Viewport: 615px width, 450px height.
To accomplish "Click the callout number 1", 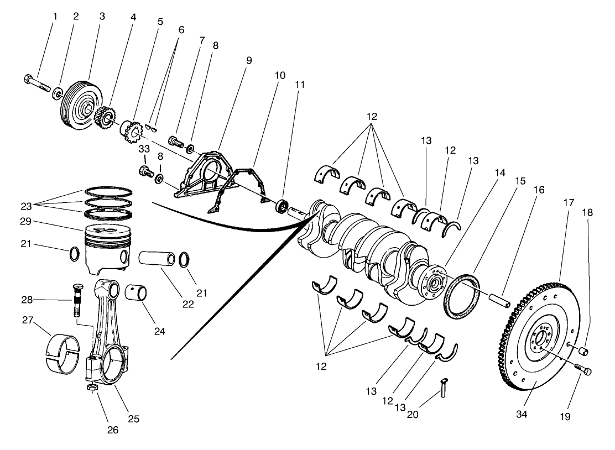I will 55,17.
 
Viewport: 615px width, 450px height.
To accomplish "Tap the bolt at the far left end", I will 36,85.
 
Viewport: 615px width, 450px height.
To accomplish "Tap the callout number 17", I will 569,202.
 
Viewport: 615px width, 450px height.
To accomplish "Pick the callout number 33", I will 144,149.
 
